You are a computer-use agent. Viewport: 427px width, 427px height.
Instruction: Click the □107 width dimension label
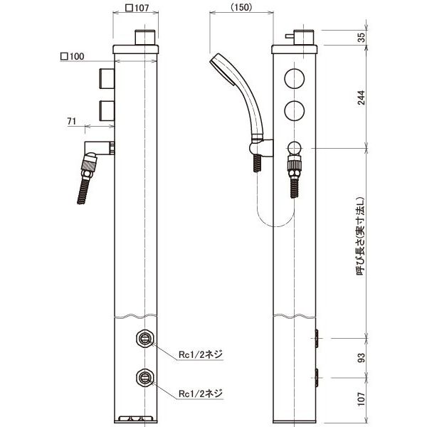[x=137, y=8]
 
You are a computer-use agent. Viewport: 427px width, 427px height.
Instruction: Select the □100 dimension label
[x=72, y=56]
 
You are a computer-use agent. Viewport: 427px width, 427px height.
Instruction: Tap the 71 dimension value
[x=71, y=121]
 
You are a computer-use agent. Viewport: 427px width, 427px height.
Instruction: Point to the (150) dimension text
[x=241, y=7]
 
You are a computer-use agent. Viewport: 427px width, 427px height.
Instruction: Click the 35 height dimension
[x=361, y=38]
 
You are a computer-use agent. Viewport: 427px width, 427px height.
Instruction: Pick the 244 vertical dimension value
[x=361, y=97]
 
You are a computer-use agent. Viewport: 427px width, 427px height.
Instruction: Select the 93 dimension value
[x=361, y=358]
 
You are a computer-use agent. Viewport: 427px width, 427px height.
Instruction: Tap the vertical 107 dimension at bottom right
[x=361, y=399]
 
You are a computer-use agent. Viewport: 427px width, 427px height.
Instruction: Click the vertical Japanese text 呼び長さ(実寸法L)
[x=360, y=236]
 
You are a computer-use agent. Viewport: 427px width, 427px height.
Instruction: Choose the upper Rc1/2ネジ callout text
[x=201, y=354]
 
